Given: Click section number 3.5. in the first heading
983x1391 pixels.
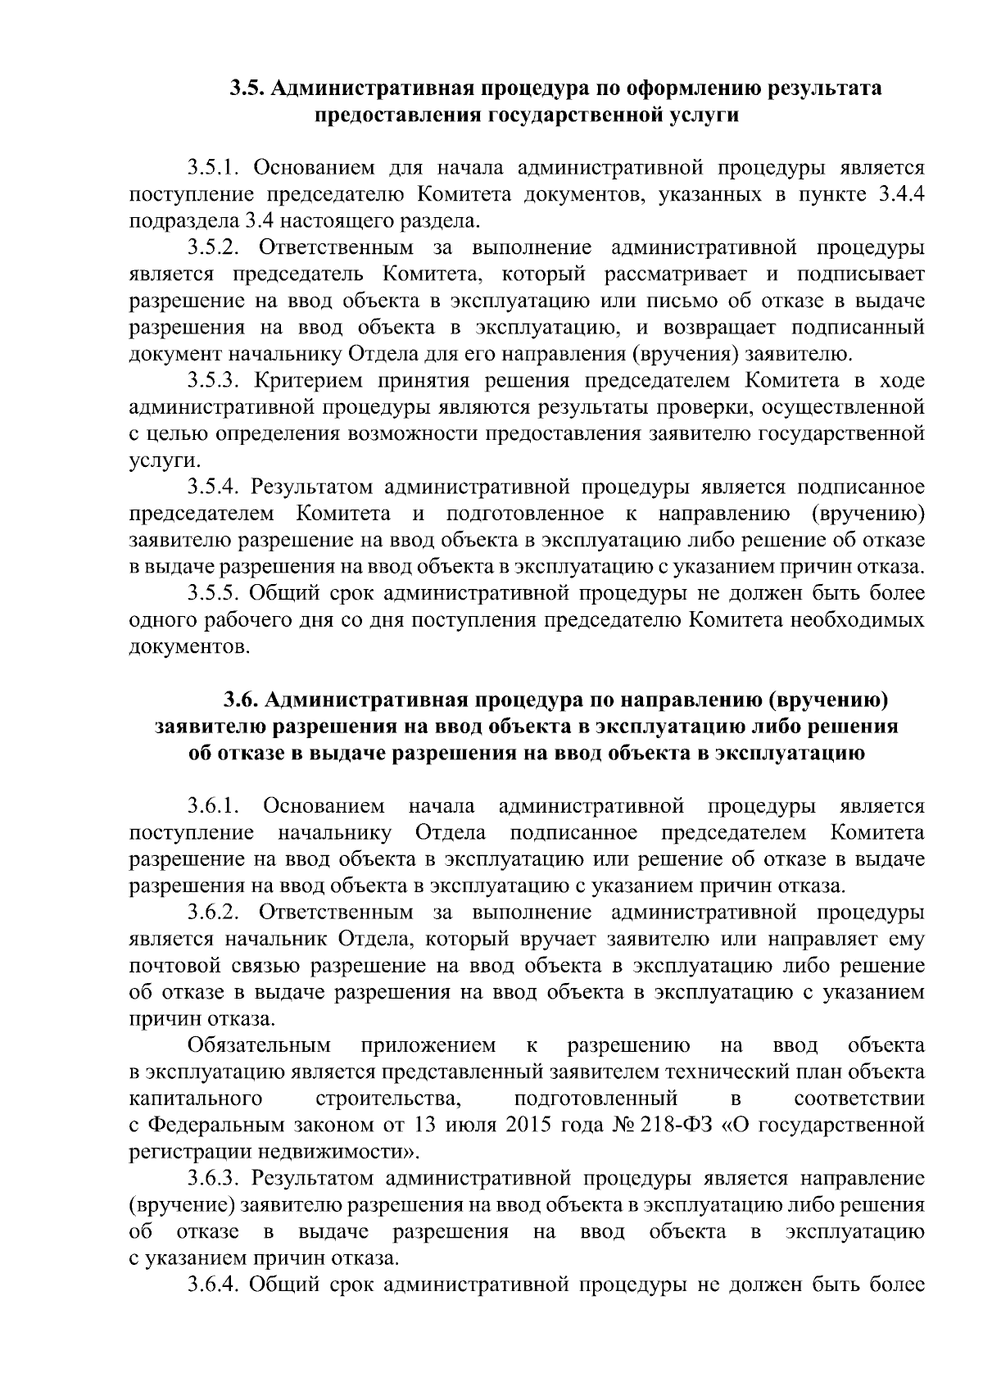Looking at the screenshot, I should coord(247,88).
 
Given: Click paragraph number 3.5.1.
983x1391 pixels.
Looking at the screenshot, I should coord(213,168).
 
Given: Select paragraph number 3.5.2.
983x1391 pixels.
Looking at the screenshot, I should coord(213,247).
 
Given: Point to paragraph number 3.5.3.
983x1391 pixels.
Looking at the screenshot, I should coord(213,381).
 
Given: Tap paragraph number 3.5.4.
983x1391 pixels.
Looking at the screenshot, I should coord(213,487).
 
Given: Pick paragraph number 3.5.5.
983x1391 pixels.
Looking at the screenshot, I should coord(213,593).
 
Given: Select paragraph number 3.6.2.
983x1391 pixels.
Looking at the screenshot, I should coord(213,912).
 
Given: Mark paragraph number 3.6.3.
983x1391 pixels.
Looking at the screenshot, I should coord(213,1178).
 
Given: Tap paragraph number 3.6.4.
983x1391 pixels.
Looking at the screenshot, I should coord(213,1285).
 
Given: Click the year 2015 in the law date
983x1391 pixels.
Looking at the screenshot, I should coord(532,1125).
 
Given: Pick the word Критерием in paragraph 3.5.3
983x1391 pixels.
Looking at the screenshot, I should coord(304,381).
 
